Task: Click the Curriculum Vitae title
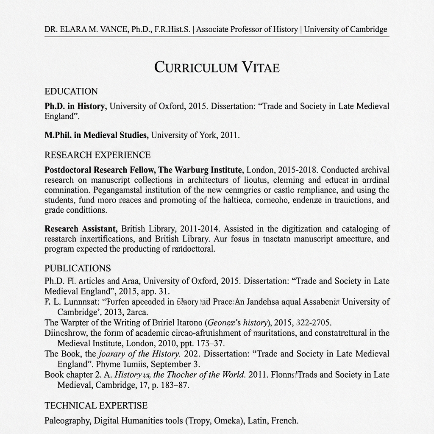click(x=217, y=67)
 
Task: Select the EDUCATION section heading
click(x=71, y=92)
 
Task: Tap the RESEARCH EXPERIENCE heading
click(x=97, y=155)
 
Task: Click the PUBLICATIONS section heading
click(x=78, y=268)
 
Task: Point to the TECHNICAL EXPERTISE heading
click(x=96, y=406)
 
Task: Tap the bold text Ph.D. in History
click(x=75, y=106)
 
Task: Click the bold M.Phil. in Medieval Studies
click(x=96, y=136)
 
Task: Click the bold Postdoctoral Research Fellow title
click(x=100, y=170)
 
